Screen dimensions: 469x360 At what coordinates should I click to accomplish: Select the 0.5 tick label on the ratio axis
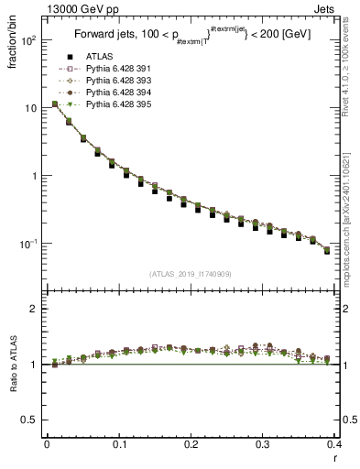pos(30,420)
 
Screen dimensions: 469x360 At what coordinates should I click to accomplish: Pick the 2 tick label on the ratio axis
pos(35,309)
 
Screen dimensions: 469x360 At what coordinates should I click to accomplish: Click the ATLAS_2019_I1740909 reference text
pos(191,273)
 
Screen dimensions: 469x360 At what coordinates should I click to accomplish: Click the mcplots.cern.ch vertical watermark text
pos(352,215)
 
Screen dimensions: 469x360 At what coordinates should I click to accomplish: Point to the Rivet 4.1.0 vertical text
pos(352,73)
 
